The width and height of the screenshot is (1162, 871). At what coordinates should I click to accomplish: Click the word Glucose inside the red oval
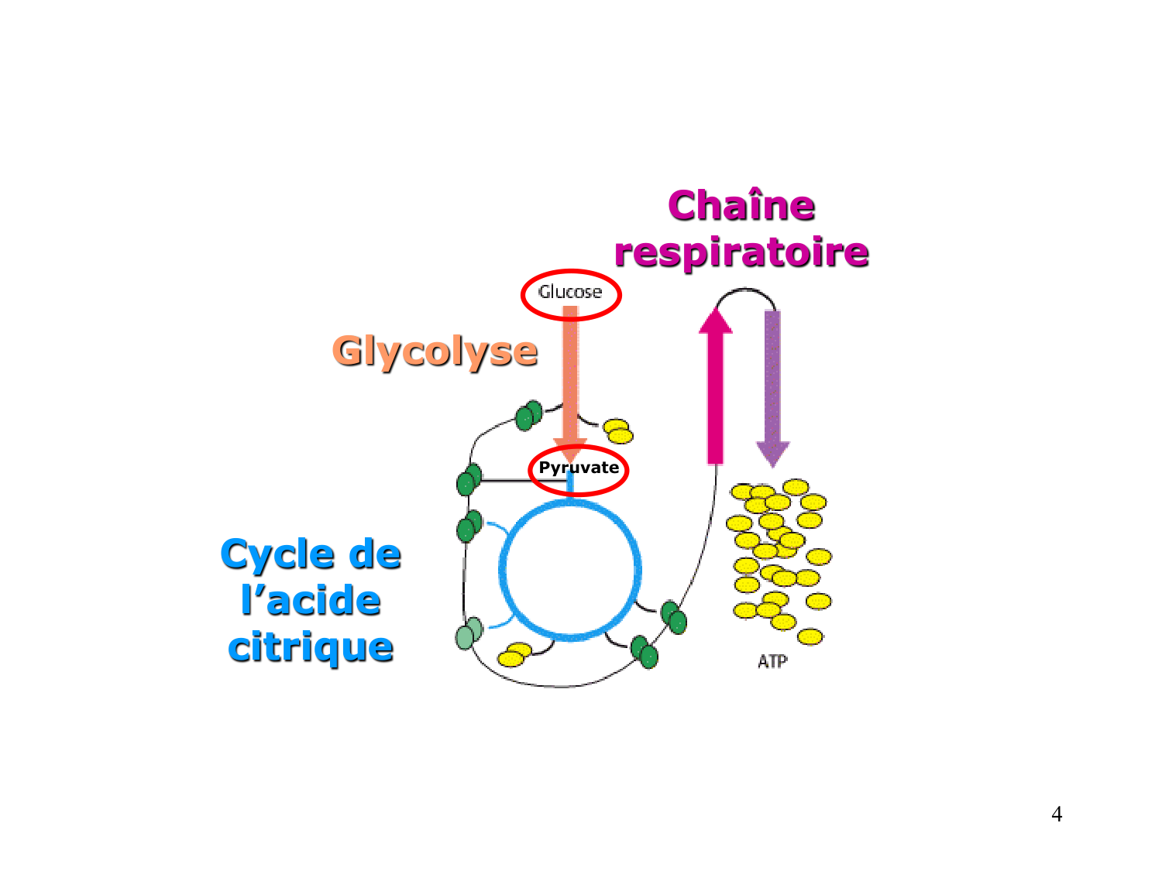tap(570, 293)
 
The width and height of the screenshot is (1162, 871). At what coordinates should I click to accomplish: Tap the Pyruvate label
tap(579, 468)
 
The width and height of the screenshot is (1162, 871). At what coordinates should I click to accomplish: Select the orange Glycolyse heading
tap(435, 351)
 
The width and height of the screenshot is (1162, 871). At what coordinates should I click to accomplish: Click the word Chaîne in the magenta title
tap(741, 206)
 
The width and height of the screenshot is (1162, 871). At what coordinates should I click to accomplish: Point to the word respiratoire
tap(741, 252)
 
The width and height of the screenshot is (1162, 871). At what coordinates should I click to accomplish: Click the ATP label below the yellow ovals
tap(772, 661)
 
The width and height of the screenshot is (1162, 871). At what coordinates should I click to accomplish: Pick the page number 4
tap(1057, 814)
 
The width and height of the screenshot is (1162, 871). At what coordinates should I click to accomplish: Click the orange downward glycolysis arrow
tap(570, 372)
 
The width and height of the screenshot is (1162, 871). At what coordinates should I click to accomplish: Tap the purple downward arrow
tap(772, 379)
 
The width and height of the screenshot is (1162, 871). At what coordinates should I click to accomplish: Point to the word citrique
tap(311, 647)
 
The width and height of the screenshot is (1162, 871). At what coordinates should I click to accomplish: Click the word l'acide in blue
tap(311, 601)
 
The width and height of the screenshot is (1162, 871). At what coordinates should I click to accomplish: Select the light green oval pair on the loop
tap(469, 633)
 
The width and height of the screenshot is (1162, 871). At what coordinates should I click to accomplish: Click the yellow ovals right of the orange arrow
tap(618, 430)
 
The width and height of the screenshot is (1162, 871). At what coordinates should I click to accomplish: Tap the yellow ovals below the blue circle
tap(514, 654)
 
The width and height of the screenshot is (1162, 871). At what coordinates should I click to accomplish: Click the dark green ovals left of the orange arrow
tap(528, 416)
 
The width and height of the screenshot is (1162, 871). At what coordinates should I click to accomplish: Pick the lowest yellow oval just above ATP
tap(810, 636)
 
